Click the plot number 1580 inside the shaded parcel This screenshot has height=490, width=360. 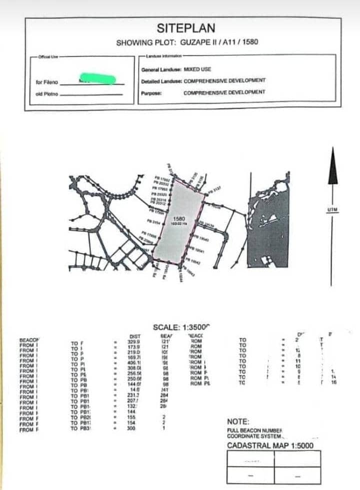pos(178,219)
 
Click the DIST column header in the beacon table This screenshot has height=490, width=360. pos(134,336)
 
